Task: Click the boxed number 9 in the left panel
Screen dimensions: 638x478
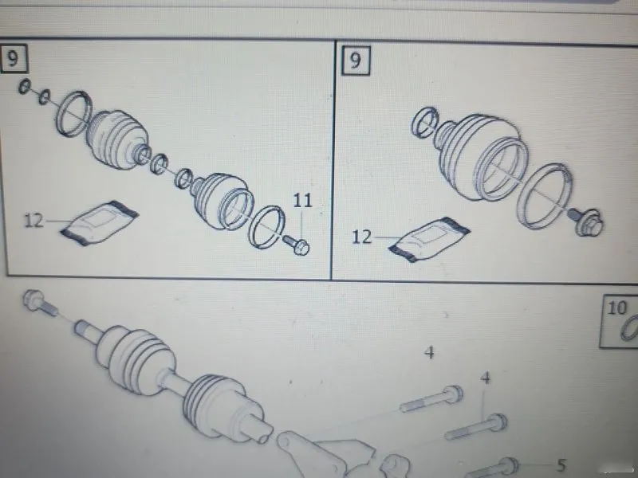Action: pos(13,58)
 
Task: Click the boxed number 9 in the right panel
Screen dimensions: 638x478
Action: pos(355,61)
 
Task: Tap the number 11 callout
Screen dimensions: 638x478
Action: pos(302,200)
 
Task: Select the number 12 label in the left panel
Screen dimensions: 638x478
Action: pos(33,221)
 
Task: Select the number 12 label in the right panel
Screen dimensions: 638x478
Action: pos(361,237)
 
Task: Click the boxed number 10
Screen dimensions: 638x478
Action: pos(616,308)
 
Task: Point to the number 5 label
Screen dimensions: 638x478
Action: pos(561,465)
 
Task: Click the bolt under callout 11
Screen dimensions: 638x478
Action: pos(296,245)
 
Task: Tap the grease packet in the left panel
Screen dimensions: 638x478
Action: pos(99,223)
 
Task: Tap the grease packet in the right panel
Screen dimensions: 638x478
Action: pos(429,240)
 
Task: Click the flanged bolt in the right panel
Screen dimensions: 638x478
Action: pos(587,221)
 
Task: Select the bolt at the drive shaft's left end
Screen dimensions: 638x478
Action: pos(40,302)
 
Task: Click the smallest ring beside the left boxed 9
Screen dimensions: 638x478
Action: pos(25,86)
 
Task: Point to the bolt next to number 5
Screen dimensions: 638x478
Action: pos(491,468)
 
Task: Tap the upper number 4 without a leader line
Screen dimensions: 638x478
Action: pos(429,352)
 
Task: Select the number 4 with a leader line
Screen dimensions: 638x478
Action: pos(486,378)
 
